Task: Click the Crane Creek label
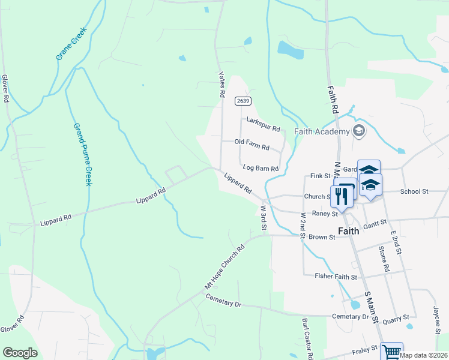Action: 72,44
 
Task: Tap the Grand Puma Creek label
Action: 82,154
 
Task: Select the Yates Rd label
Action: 221,84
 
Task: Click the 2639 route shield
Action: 243,101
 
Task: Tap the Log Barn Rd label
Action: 260,169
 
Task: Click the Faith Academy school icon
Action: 359,131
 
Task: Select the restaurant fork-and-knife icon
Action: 342,196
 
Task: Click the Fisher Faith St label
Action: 336,277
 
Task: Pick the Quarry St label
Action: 397,317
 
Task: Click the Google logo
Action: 20,353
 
